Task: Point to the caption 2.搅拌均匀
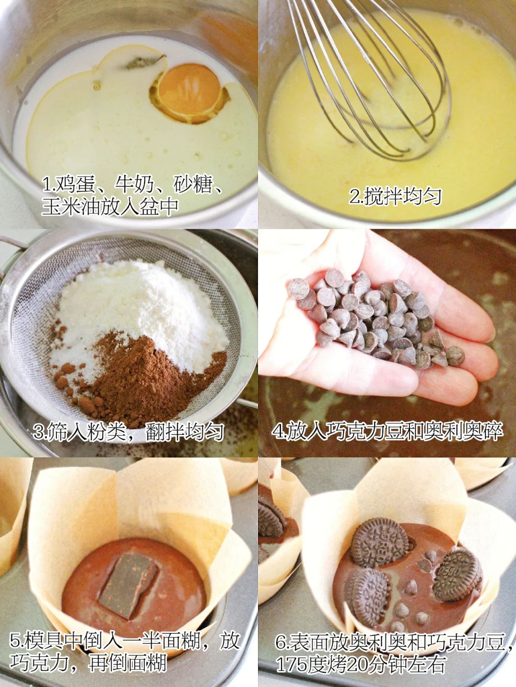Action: point(395,196)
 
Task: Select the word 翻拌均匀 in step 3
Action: point(185,432)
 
